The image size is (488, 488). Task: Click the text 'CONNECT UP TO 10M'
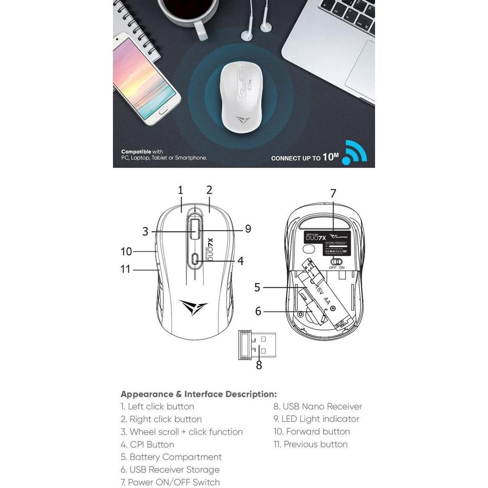[305, 157]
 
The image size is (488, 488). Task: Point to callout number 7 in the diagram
[333, 193]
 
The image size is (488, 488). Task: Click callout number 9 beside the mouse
[248, 229]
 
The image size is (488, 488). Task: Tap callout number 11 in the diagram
[125, 269]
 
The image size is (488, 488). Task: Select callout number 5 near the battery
[257, 287]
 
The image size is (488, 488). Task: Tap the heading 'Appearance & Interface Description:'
[198, 394]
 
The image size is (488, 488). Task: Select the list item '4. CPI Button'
[147, 445]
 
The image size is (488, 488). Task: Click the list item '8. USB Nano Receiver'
[317, 407]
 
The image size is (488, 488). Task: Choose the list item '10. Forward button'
[312, 432]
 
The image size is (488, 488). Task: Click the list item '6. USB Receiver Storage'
[170, 470]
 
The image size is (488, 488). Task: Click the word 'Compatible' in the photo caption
[136, 152]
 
